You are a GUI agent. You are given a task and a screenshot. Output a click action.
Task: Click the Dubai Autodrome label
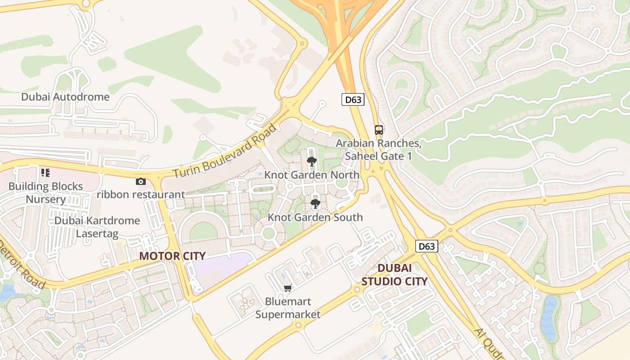coord(65,97)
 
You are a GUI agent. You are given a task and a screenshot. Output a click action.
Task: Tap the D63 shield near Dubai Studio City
coord(426,246)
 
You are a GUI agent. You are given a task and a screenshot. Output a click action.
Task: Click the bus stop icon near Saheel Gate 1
coord(379,130)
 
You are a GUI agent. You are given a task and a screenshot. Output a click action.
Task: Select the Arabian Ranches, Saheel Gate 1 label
coord(378,149)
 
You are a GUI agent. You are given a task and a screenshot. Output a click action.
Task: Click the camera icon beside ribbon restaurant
coord(141,181)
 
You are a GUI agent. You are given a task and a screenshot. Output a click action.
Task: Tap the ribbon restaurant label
coord(140,194)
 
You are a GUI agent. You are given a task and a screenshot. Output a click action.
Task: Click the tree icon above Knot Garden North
coord(311,161)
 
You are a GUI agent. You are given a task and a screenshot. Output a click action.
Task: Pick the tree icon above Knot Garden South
coord(315,204)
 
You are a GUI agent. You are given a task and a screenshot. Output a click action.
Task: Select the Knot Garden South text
coord(315,217)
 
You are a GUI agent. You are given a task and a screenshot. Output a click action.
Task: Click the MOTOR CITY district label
coord(172,256)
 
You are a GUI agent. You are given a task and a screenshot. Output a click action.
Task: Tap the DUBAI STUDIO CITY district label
coord(394,274)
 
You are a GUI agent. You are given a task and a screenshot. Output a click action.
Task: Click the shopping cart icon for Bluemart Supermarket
coord(288,288)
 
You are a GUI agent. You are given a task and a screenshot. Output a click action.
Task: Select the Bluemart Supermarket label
coord(288,308)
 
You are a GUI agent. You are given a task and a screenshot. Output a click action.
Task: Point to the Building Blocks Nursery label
coord(45,193)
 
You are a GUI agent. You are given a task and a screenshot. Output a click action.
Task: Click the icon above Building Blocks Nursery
coord(45,172)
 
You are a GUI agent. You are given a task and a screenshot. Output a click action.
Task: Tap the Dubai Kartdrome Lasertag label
coord(97,227)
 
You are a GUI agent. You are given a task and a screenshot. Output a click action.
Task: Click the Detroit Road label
coord(22,265)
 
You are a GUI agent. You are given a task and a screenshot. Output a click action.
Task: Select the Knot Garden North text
coord(312,175)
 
